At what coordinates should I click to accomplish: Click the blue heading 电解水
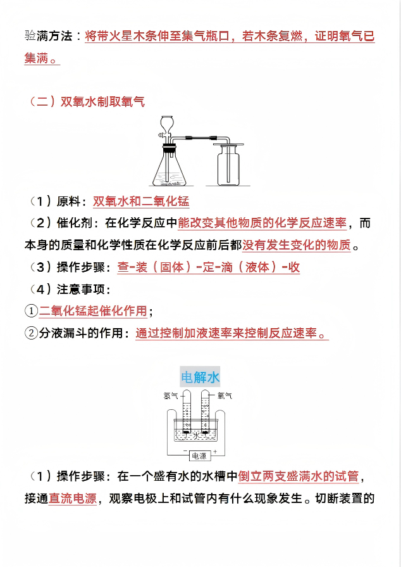(200, 378)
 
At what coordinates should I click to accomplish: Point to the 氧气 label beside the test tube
(225, 396)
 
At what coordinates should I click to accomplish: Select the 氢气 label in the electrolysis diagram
(171, 396)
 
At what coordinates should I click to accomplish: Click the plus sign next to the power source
(215, 452)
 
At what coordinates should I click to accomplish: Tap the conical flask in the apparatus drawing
(168, 171)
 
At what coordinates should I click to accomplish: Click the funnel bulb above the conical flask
(168, 123)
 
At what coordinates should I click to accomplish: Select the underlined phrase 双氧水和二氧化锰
(141, 201)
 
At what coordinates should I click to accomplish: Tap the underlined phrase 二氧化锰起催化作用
(93, 311)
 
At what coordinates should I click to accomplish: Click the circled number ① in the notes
(31, 311)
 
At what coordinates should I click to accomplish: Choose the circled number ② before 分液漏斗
(31, 333)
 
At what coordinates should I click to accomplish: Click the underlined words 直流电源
(73, 498)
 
